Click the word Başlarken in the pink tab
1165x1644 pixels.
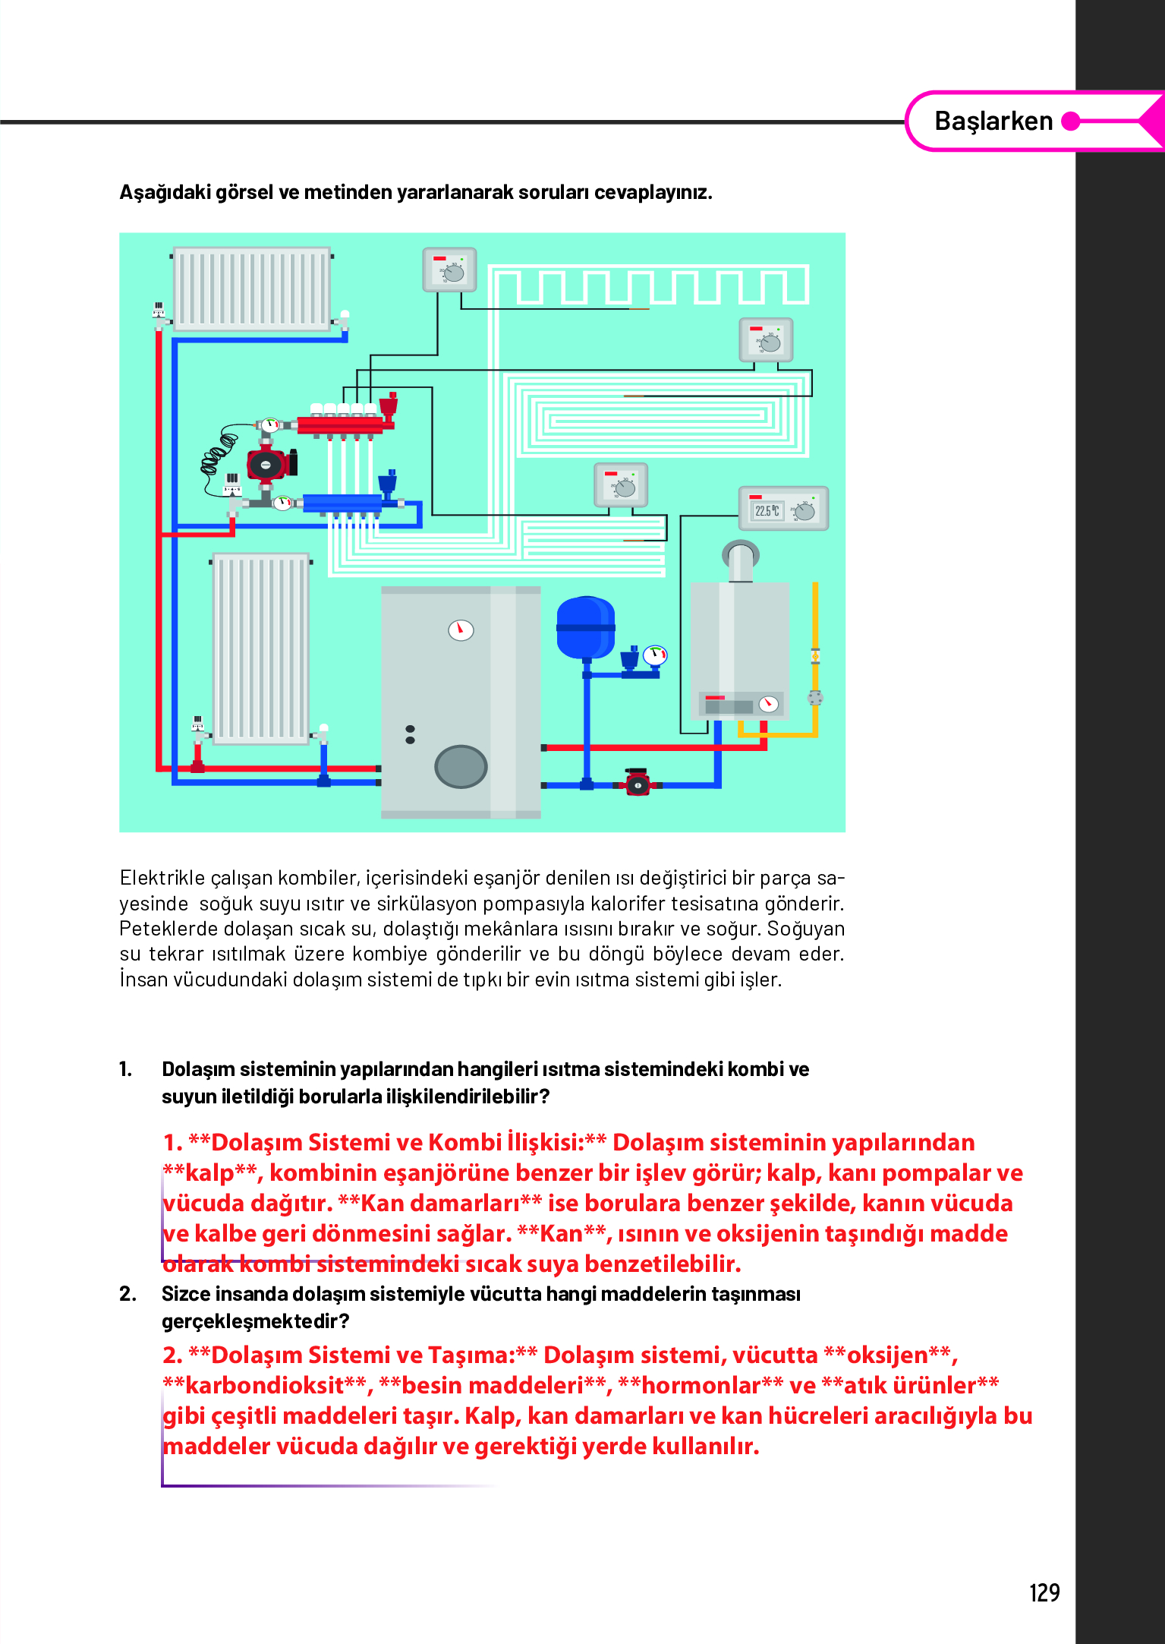coord(993,121)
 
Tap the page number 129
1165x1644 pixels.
coord(1044,1592)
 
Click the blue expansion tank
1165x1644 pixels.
coord(585,627)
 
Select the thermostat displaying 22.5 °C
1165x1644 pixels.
coord(783,509)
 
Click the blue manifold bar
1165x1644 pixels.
coord(343,503)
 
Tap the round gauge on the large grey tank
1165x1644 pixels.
coord(461,630)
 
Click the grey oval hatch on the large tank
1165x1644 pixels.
coord(461,765)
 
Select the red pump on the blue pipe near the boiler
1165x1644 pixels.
coord(638,783)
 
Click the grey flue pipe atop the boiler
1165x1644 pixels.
coord(740,561)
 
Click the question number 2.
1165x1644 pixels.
coord(128,1293)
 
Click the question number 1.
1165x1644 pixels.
coord(126,1069)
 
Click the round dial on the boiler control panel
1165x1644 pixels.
coord(769,704)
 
